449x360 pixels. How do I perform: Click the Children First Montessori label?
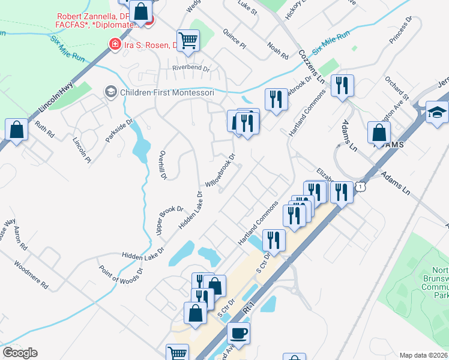click(166, 92)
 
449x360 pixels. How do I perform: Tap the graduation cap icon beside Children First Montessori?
click(110, 92)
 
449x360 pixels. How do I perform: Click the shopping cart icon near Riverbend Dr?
click(188, 40)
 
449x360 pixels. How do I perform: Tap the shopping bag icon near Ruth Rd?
click(16, 129)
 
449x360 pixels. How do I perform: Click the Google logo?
click(20, 353)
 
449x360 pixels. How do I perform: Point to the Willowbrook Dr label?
click(220, 169)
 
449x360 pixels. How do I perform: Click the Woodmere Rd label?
click(31, 274)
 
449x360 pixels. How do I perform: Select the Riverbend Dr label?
click(191, 68)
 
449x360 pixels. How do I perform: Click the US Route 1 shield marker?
click(359, 187)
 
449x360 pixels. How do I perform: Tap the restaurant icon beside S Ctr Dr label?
click(273, 239)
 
